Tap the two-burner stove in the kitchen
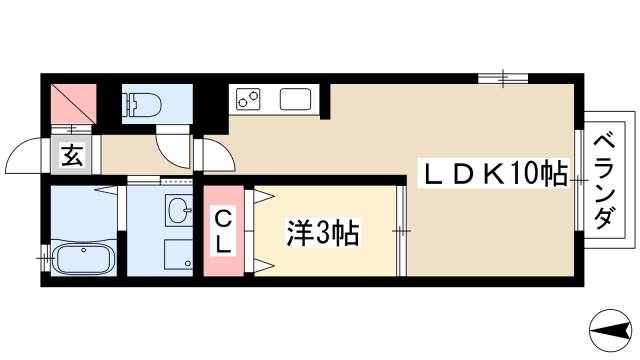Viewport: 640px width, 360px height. (248, 99)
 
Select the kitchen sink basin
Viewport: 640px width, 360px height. (295, 100)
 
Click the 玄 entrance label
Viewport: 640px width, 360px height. (72, 156)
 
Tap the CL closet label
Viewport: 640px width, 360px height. (221, 231)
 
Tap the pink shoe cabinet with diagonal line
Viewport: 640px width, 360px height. (73, 103)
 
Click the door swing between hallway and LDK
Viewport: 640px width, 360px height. (214, 154)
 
